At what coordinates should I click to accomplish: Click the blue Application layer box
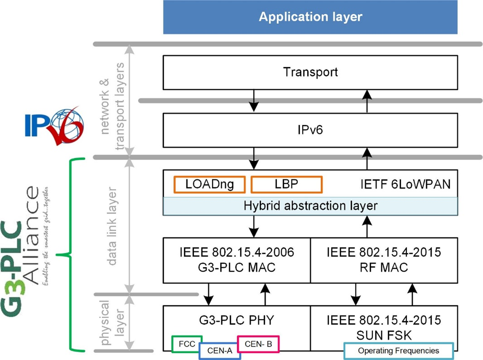coord(310,17)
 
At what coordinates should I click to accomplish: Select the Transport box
coord(310,72)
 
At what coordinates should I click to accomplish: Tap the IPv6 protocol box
coord(310,130)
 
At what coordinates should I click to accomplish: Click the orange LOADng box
coord(209,184)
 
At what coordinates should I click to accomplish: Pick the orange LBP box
coord(286,184)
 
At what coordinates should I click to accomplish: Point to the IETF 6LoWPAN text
coord(406,184)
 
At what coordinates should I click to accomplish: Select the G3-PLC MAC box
coord(236,260)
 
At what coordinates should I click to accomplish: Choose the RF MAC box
coord(384,260)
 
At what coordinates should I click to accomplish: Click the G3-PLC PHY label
coord(236,320)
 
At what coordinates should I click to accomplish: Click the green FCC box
coord(187,344)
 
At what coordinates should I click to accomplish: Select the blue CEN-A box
coord(219,350)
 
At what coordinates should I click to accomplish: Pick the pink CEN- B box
coord(258,344)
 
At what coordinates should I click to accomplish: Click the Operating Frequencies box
coord(398,350)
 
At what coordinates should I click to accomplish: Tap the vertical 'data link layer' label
coord(111,228)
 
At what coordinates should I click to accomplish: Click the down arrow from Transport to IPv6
coord(253,101)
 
